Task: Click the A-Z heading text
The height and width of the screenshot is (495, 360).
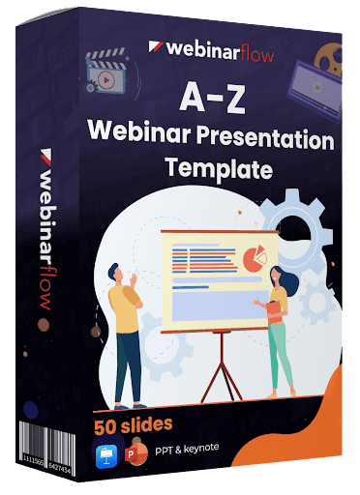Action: (212, 97)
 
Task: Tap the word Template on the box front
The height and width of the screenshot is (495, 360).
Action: (219, 168)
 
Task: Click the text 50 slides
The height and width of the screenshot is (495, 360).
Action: (134, 425)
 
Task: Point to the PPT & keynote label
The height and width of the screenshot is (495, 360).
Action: (187, 449)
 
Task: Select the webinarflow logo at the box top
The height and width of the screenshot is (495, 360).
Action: (211, 51)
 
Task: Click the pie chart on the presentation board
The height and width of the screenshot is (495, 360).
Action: (255, 258)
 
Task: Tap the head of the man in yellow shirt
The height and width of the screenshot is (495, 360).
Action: (116, 275)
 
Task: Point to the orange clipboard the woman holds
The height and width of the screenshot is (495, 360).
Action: (276, 312)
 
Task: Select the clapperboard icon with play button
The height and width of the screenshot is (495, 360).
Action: (105, 72)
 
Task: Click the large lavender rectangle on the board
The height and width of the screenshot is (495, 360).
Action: (221, 306)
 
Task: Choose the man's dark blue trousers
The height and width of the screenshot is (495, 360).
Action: (128, 367)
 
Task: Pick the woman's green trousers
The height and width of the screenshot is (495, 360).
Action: (280, 355)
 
